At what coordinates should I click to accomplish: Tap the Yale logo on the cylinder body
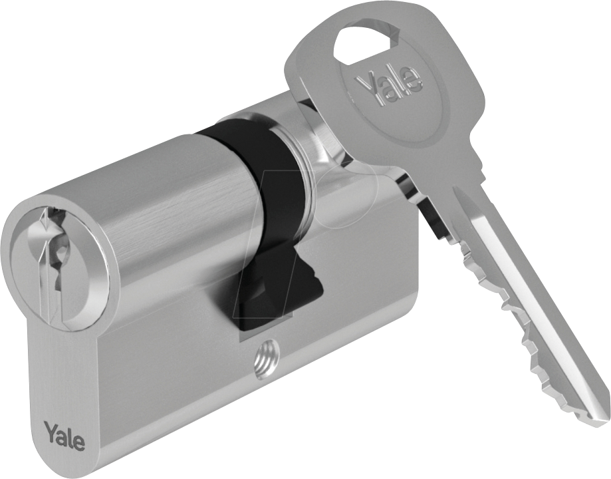[64, 434]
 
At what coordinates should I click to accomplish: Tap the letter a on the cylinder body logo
[62, 436]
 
